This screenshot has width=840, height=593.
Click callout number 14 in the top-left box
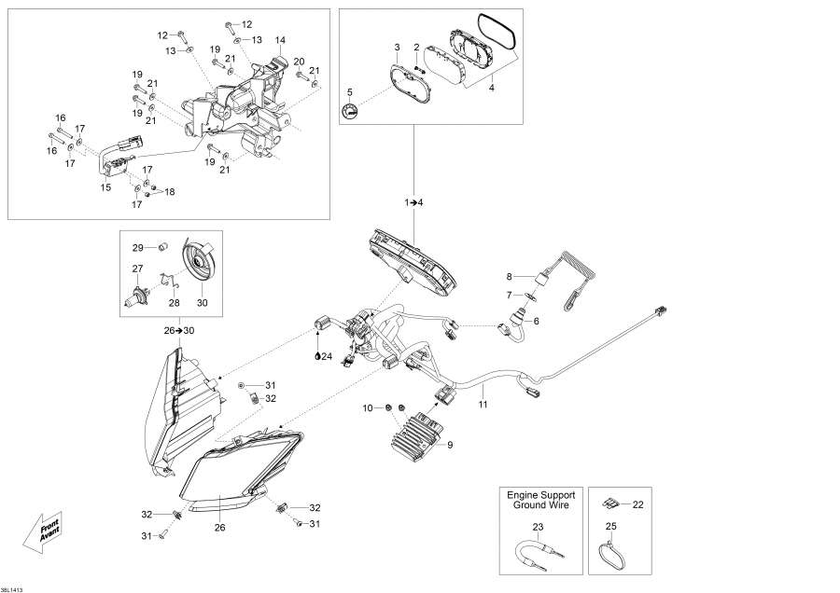[x=279, y=40]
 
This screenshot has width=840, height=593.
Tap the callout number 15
[x=105, y=187]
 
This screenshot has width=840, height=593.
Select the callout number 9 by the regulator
[x=449, y=446]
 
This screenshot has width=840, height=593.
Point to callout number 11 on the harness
[x=483, y=405]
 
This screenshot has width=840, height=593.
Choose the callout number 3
[x=397, y=47]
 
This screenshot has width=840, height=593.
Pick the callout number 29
[x=137, y=247]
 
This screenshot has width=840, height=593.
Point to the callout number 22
[x=637, y=504]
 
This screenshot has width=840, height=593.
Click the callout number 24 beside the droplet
[x=327, y=355]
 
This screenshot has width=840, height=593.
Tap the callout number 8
[x=510, y=276]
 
